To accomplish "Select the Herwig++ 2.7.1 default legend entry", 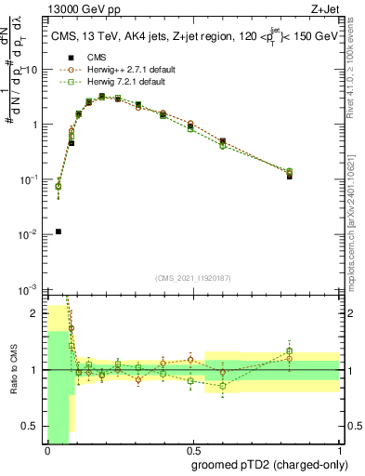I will pyautogui.click(x=117, y=69).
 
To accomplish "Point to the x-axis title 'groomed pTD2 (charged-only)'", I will pyautogui.click(x=270, y=465).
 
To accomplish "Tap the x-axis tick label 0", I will pyautogui.click(x=47, y=450).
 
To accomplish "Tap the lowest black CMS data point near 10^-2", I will pyautogui.click(x=59, y=231).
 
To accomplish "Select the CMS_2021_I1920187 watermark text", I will pyautogui.click(x=192, y=278).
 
